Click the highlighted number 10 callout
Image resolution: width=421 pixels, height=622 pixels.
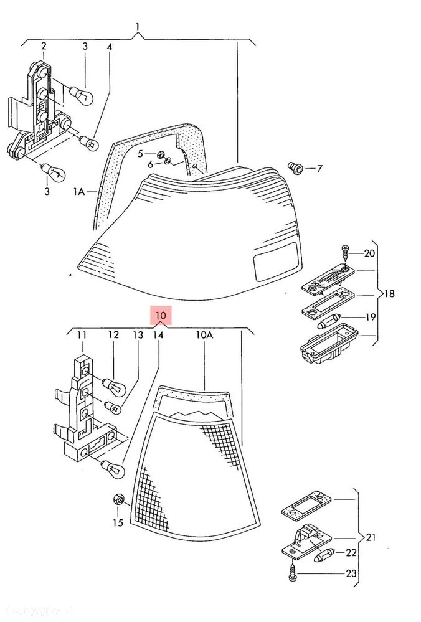[161, 316]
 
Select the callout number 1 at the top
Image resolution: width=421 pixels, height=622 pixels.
[138, 27]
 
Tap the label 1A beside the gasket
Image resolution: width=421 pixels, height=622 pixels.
[79, 192]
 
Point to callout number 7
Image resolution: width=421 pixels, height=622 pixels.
[319, 168]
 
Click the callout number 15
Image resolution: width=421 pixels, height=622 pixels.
[117, 523]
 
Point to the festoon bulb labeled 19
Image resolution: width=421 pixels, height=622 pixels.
[329, 322]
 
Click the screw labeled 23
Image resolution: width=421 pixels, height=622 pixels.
[293, 574]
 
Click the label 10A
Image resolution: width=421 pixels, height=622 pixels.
[204, 335]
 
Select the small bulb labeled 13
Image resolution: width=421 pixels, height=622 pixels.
[113, 407]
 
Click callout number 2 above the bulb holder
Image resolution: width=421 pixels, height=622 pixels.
[44, 46]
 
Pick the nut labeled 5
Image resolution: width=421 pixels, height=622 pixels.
[160, 153]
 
